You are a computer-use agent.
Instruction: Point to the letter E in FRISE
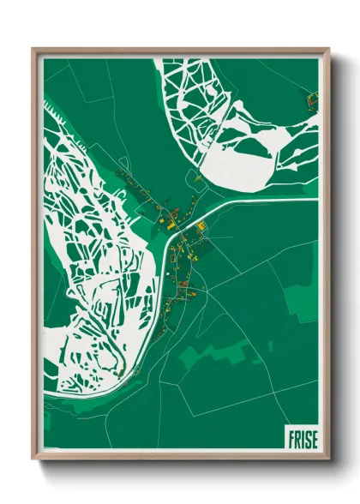(x=313, y=438)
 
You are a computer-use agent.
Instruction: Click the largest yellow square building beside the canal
(x=202, y=227)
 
